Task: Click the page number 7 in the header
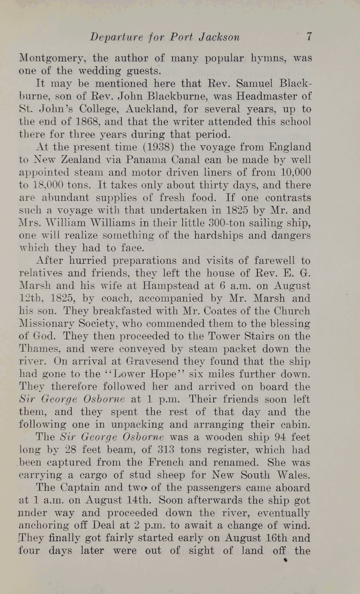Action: (x=309, y=37)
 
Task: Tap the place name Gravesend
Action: (x=153, y=362)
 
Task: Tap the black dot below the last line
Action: (x=285, y=560)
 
